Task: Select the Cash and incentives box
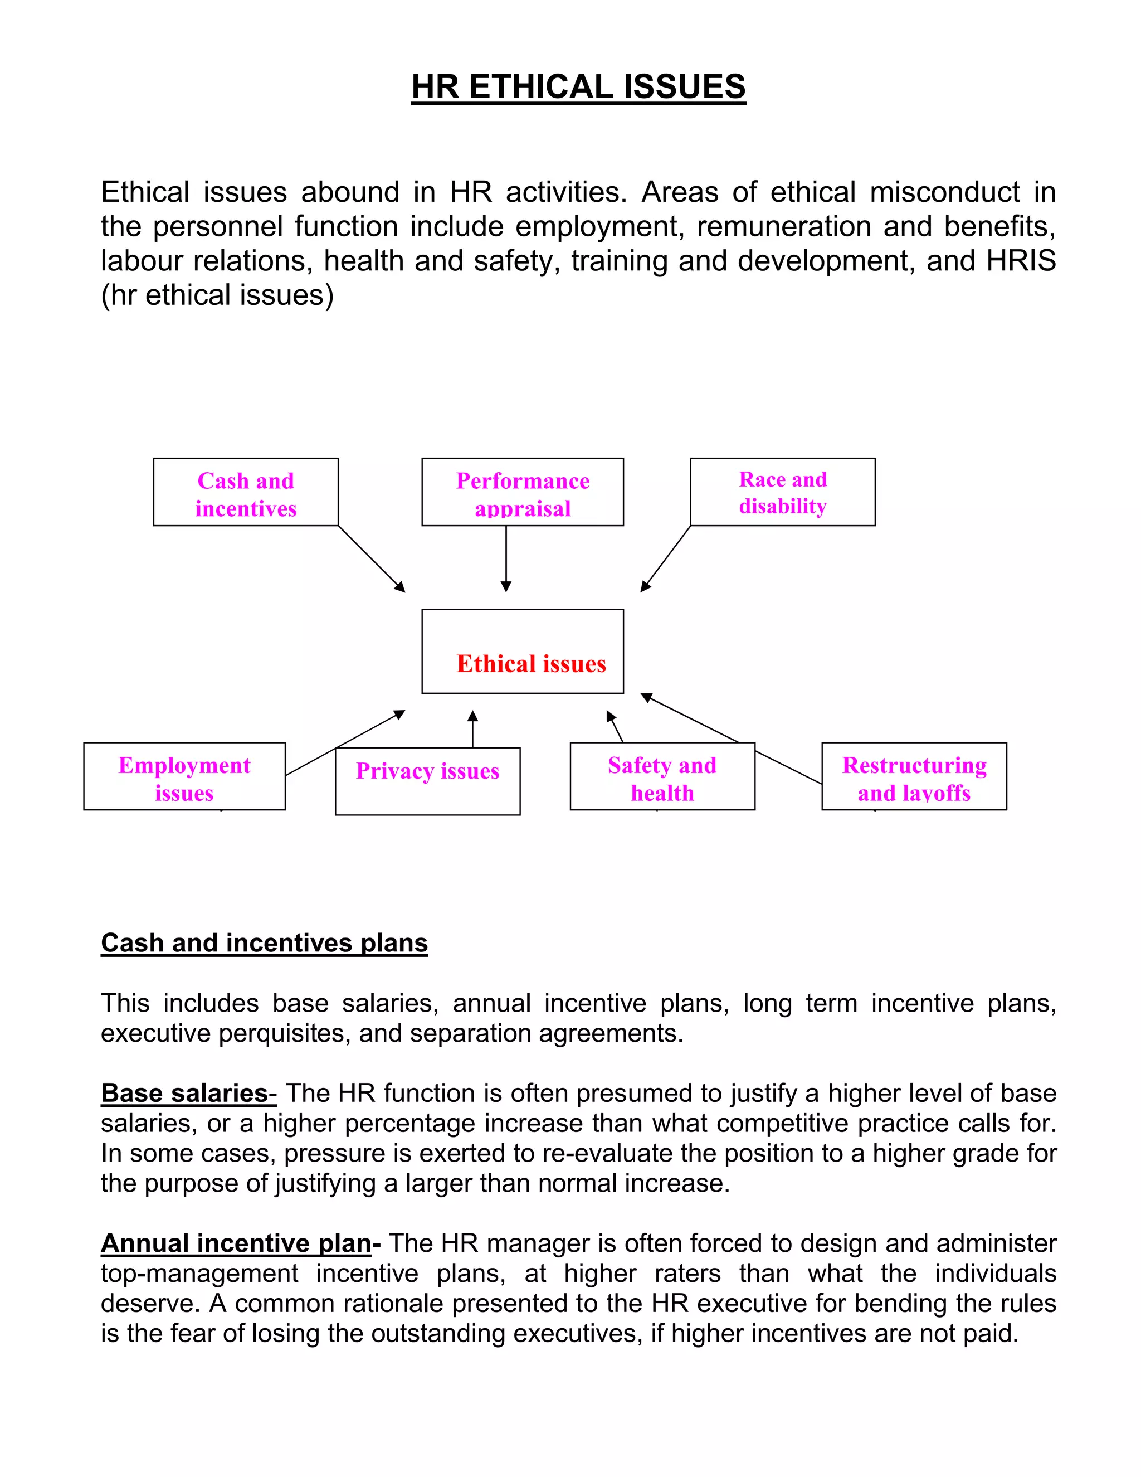point(245,492)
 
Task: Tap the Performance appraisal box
point(522,492)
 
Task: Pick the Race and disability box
point(782,492)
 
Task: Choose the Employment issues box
point(184,776)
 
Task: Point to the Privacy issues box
point(427,780)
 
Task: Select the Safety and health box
point(662,776)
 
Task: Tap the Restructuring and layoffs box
point(914,776)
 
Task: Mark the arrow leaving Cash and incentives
point(371,558)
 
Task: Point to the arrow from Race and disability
point(666,558)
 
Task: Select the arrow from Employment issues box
point(345,742)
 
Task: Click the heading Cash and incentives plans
point(264,942)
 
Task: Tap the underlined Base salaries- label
point(189,1093)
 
